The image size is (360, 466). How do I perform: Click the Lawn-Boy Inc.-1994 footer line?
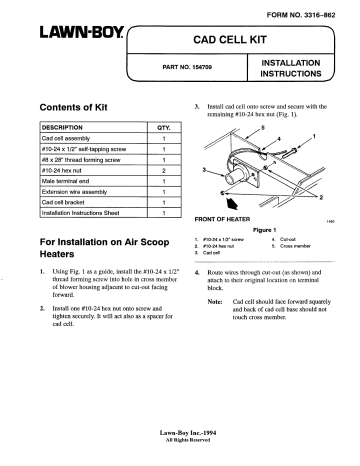pyautogui.click(x=181, y=432)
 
